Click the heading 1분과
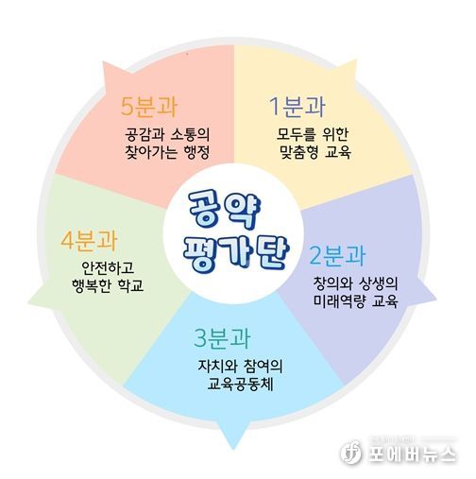[x=297, y=107]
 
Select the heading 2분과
[x=337, y=255]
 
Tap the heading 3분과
[x=222, y=338]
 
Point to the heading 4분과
[x=89, y=241]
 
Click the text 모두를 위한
[x=312, y=134]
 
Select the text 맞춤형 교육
[x=315, y=152]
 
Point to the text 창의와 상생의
[x=356, y=283]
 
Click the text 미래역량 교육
[x=356, y=301]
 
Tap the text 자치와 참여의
[x=240, y=366]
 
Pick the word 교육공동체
[x=240, y=384]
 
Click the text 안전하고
[x=108, y=267]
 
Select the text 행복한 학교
[x=108, y=285]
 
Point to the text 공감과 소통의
[x=167, y=134]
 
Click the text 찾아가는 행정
[x=167, y=152]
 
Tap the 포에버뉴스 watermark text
[x=412, y=454]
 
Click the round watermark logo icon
[x=350, y=453]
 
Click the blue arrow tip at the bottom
[x=233, y=449]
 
